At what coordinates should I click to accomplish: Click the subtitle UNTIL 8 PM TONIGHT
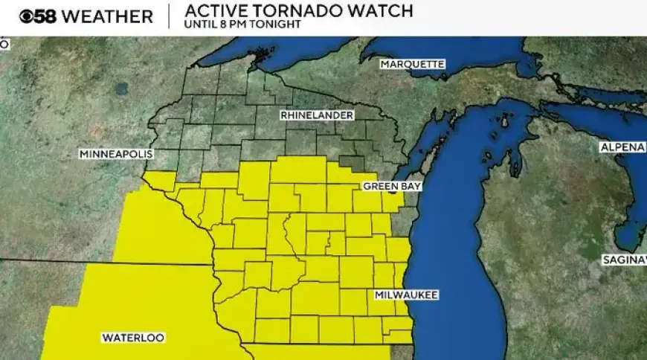coord(243,25)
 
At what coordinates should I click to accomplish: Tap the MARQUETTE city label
coord(412,64)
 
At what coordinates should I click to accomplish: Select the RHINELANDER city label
coord(317,115)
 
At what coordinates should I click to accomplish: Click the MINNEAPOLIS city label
coord(116,154)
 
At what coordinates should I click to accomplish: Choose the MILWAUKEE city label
coord(406,295)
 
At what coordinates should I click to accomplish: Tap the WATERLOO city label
coord(132,338)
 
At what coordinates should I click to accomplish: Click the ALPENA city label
coord(622,147)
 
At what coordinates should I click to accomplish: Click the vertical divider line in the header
coord(168,16)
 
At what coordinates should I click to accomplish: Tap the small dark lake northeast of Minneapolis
coord(122,88)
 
